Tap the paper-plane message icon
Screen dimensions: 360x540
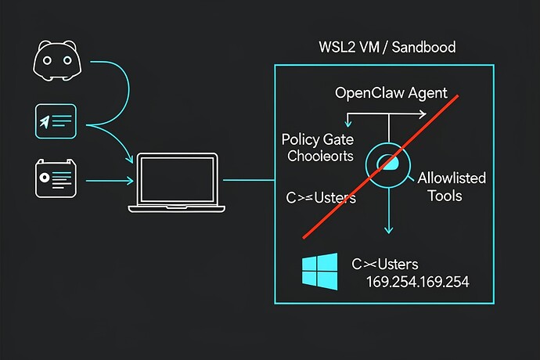[55, 120]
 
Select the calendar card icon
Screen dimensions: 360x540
[55, 178]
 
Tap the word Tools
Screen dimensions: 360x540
[445, 195]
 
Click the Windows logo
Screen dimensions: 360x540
[319, 271]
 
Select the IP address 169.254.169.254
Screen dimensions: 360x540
[417, 281]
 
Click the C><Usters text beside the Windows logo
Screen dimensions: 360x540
[387, 263]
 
